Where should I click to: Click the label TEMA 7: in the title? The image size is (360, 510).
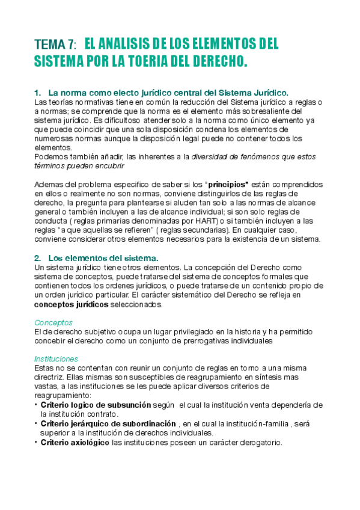coord(55,45)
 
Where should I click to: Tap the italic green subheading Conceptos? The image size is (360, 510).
coord(53,322)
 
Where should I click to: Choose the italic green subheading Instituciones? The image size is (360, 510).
coord(56,358)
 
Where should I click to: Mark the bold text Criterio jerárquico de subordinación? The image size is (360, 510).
coord(109,423)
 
